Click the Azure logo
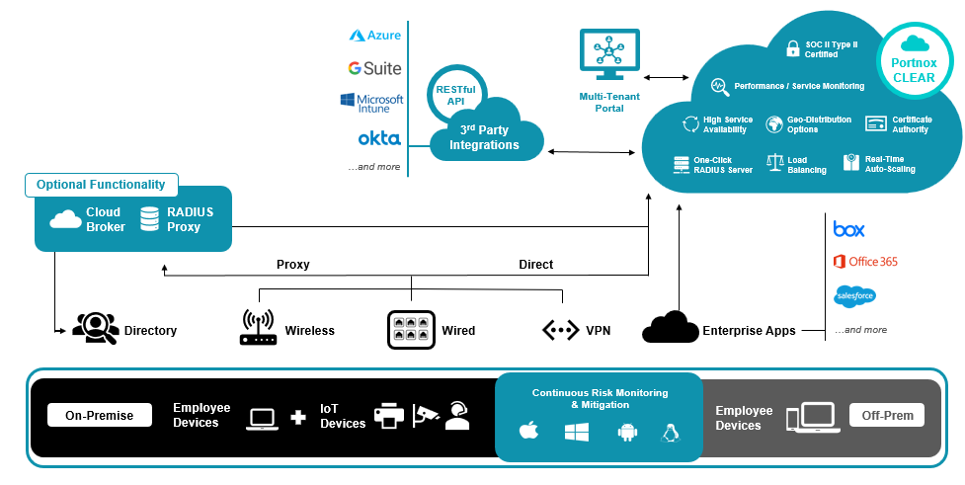(375, 36)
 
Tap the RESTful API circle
(456, 95)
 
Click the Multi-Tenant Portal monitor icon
(609, 55)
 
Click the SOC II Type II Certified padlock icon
(793, 47)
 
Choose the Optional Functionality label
(102, 185)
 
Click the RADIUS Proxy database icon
(150, 219)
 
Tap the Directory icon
(96, 329)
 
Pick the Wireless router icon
(258, 329)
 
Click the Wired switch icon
(412, 330)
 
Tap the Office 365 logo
(864, 262)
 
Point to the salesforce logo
(854, 295)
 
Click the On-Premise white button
(100, 416)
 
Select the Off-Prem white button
(886, 415)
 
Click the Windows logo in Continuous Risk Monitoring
(577, 432)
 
